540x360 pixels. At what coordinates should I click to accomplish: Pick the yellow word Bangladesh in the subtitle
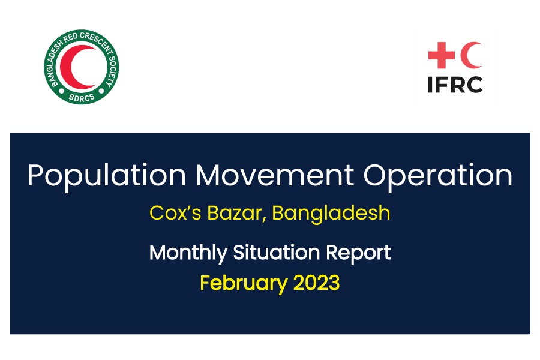coord(331,214)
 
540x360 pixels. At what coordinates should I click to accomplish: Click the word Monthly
coord(188,253)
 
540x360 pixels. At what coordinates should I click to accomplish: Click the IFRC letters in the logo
coord(455,85)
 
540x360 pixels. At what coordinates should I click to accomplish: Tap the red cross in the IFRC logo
coord(440,56)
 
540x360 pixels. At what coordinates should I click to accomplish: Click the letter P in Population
coord(35,175)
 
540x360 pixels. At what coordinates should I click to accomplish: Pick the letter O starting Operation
coord(376,175)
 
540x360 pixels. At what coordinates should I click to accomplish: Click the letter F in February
coord(205,282)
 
